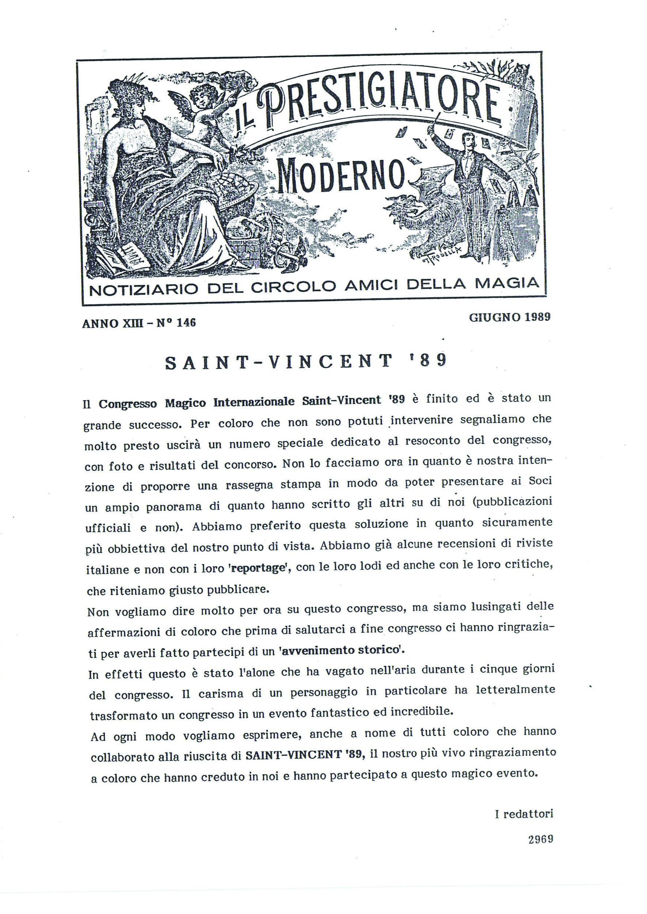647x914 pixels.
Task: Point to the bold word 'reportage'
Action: tap(258, 569)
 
